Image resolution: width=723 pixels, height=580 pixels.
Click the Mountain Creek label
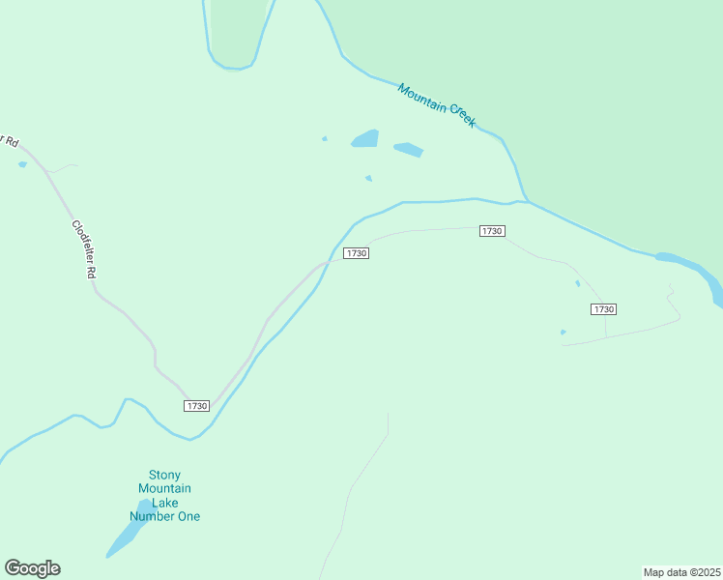(437, 104)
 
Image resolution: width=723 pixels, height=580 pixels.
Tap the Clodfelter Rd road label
(83, 248)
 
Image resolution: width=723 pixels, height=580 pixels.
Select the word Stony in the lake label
(164, 475)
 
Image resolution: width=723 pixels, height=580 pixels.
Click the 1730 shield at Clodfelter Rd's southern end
(196, 406)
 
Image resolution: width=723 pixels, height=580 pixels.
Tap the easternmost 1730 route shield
(603, 308)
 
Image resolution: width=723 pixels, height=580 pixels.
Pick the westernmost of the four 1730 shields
(196, 406)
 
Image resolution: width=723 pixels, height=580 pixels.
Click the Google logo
(32, 568)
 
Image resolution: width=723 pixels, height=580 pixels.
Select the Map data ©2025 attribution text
(681, 571)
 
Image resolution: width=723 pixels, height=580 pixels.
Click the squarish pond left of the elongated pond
(365, 139)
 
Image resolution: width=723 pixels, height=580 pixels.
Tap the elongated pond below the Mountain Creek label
(408, 150)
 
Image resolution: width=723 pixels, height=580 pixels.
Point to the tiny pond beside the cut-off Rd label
(22, 164)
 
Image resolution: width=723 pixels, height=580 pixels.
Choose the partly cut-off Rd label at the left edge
(10, 140)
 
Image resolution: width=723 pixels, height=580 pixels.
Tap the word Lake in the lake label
(165, 503)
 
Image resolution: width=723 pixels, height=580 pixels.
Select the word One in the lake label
(188, 516)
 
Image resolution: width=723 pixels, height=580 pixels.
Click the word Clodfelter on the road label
(81, 243)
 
